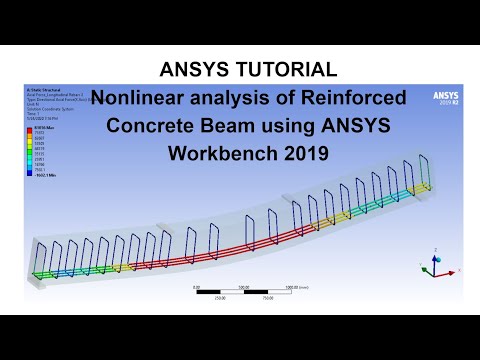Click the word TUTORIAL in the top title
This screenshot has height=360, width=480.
coord(280,70)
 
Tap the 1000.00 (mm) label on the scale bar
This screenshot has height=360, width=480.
coord(298,286)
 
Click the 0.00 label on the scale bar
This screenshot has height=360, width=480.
coord(195,286)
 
